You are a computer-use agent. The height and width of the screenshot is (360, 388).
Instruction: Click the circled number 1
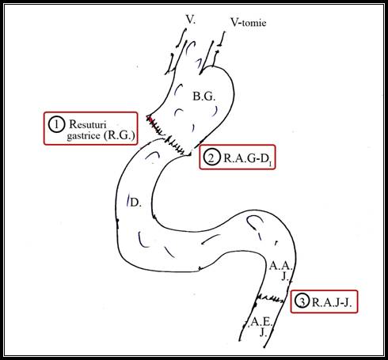pyautogui.click(x=56, y=124)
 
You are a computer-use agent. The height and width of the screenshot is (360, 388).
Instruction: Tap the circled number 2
pyautogui.click(x=211, y=157)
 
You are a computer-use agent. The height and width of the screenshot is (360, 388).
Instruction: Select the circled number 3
pyautogui.click(x=302, y=301)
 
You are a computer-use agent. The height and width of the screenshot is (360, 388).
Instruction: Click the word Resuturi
pyautogui.click(x=88, y=124)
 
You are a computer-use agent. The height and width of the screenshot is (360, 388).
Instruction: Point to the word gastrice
pyautogui.click(x=83, y=136)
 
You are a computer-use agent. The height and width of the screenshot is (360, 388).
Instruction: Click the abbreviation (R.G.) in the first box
pyautogui.click(x=120, y=135)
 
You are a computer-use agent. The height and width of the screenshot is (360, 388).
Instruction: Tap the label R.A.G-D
pyautogui.click(x=248, y=158)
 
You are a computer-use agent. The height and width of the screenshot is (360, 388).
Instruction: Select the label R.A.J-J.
pyautogui.click(x=332, y=302)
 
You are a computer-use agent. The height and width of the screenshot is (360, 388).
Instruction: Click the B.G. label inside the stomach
pyautogui.click(x=204, y=97)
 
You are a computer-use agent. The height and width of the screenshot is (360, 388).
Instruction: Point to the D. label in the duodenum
pyautogui.click(x=136, y=203)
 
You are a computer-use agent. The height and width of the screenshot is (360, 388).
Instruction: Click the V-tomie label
pyautogui.click(x=249, y=23)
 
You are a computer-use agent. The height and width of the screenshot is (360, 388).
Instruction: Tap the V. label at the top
pyautogui.click(x=191, y=19)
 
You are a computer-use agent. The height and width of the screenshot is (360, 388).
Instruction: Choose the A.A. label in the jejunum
pyautogui.click(x=280, y=266)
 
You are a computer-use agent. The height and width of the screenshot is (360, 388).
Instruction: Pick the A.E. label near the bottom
pyautogui.click(x=261, y=322)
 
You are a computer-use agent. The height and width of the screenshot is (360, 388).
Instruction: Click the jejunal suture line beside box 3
pyautogui.click(x=272, y=298)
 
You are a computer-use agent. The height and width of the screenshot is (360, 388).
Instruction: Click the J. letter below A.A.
pyautogui.click(x=285, y=276)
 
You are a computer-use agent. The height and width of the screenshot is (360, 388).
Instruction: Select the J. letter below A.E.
pyautogui.click(x=263, y=332)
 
